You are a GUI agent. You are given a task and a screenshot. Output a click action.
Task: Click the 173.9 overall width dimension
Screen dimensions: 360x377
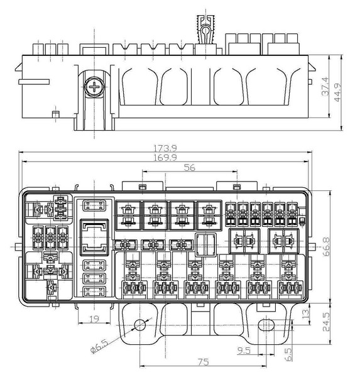pyautogui.click(x=165, y=148)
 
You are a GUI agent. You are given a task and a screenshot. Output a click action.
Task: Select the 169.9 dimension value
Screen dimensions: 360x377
pyautogui.click(x=165, y=158)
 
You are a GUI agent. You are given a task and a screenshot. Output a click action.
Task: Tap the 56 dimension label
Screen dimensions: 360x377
pyautogui.click(x=190, y=167)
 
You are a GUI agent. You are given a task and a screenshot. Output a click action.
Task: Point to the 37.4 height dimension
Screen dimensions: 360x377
pyautogui.click(x=325, y=86)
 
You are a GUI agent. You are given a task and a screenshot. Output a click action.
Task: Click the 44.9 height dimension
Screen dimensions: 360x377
pyautogui.click(x=337, y=92)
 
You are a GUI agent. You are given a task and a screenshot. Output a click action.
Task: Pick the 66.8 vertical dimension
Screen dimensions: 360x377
pyautogui.click(x=326, y=247)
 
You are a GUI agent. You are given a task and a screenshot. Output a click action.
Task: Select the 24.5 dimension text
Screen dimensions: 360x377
pyautogui.click(x=326, y=322)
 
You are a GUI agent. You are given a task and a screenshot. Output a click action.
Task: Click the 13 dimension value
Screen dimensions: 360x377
pyautogui.click(x=305, y=314)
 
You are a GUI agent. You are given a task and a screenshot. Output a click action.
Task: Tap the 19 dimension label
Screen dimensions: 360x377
pyautogui.click(x=94, y=319)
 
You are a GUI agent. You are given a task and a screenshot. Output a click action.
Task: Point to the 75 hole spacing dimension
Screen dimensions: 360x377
pyautogui.click(x=203, y=362)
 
